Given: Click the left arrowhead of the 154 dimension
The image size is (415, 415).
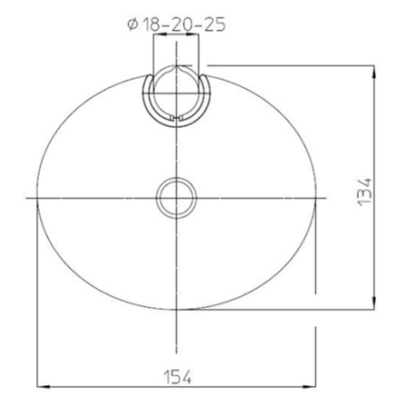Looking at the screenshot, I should coord(41,387).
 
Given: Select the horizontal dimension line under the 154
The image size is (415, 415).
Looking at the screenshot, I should coord(109,387).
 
